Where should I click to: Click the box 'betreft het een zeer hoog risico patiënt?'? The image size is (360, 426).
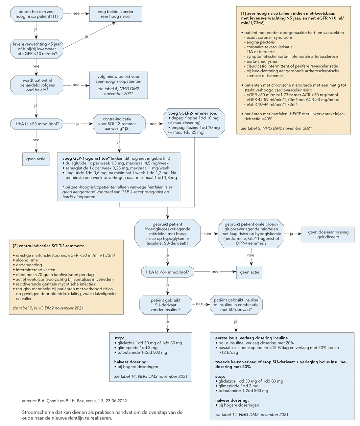click(37, 14)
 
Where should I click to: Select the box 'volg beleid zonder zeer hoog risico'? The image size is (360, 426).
click(116, 14)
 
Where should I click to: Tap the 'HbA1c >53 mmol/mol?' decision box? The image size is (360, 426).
click(37, 124)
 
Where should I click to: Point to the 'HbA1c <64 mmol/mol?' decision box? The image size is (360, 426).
click(168, 272)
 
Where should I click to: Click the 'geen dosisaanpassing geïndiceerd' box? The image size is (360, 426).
click(328, 235)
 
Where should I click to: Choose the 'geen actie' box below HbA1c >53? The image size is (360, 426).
click(36, 159)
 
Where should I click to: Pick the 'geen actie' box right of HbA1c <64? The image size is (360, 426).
click(250, 272)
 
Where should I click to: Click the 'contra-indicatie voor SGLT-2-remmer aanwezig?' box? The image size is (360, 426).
click(119, 124)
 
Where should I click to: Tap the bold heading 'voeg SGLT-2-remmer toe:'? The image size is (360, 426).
click(193, 113)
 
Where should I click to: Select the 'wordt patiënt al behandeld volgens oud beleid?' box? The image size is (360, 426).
click(37, 85)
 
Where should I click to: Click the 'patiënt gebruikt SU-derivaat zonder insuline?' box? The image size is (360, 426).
click(166, 305)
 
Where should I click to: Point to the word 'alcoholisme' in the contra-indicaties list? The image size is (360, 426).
click(27, 260)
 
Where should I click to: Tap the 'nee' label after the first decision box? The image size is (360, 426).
click(76, 13)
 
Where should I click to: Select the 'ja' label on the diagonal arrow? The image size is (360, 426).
click(86, 36)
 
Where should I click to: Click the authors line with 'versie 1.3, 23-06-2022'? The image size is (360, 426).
click(74, 401)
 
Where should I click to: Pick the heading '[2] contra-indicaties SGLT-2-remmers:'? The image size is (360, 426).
click(48, 246)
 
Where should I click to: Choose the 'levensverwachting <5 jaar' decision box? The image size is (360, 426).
click(37, 49)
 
